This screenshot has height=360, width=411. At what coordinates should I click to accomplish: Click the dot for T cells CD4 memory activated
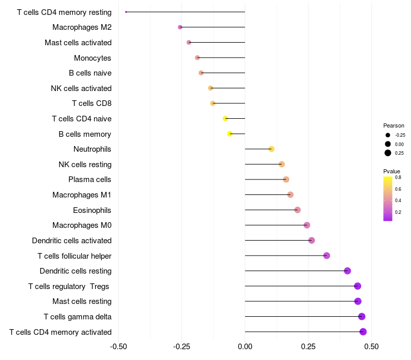(363, 332)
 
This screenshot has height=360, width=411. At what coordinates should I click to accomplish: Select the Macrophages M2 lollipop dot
(180, 27)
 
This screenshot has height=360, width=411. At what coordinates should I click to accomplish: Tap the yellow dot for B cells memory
(230, 134)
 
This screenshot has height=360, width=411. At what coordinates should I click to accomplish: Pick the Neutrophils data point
(272, 149)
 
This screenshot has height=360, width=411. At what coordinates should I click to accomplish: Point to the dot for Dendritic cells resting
(347, 271)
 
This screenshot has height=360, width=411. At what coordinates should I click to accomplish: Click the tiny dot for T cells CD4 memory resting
(126, 12)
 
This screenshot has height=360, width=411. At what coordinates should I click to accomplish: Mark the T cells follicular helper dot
(327, 256)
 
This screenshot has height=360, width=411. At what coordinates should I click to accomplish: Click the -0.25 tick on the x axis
(182, 347)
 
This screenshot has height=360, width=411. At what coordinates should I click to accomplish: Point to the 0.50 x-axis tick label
(371, 347)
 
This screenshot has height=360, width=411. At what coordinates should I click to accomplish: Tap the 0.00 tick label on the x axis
(245, 347)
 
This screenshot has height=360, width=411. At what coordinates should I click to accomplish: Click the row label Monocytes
(92, 58)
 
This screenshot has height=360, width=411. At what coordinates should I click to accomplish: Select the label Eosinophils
(92, 210)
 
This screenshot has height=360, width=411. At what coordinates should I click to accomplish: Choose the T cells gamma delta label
(78, 317)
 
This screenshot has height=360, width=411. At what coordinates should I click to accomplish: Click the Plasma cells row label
(89, 179)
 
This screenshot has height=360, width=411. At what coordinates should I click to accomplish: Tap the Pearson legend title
(394, 125)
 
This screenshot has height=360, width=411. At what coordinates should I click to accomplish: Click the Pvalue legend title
(391, 171)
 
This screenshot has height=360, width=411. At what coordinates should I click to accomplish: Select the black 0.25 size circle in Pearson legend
(388, 153)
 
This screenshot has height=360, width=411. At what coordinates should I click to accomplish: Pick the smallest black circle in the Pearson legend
(388, 135)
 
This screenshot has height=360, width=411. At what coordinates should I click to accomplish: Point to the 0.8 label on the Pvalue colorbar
(398, 177)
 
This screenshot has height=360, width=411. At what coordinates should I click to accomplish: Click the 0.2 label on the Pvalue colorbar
(398, 212)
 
